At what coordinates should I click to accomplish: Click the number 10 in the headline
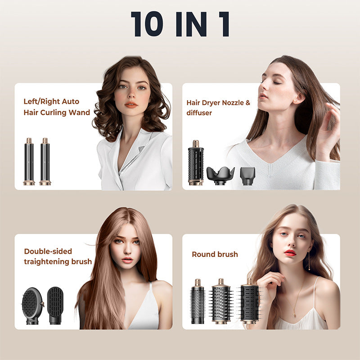tap(147, 24)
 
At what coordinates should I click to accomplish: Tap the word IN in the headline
tap(191, 24)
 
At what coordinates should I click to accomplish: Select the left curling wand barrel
tap(29, 162)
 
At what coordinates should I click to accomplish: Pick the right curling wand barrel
tap(45, 162)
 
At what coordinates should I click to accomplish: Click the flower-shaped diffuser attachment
tap(220, 175)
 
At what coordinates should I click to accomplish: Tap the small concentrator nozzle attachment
tap(247, 176)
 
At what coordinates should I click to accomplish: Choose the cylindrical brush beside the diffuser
tap(196, 162)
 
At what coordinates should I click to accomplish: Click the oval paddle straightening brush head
tap(32, 306)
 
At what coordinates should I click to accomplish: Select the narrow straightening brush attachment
tap(55, 306)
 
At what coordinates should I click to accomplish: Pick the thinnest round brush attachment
tap(198, 301)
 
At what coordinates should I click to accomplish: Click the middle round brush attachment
tap(221, 301)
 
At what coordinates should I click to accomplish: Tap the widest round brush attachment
tap(249, 301)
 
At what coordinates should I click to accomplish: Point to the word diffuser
tap(199, 113)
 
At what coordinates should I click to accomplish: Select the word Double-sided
tap(48, 251)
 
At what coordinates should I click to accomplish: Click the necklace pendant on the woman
tap(294, 314)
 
